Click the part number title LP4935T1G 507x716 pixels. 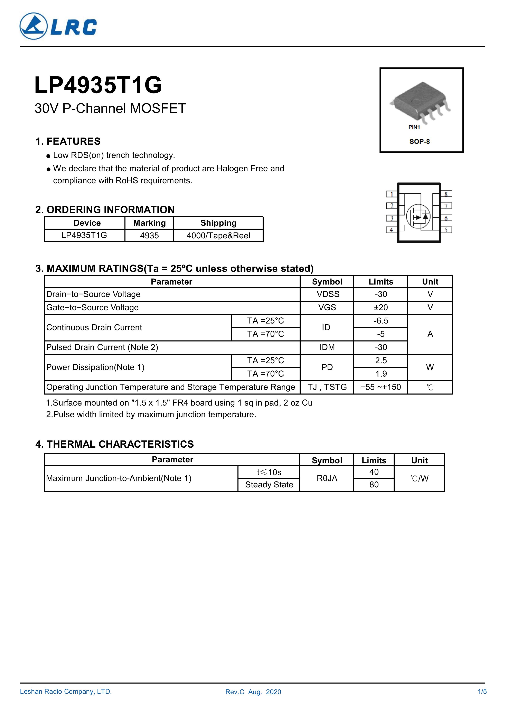tap(98, 85)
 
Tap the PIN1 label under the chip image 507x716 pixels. tap(414, 127)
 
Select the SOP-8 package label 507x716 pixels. tap(419, 142)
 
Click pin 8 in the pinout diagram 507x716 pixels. tap(446, 194)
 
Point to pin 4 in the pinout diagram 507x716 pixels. tap(391, 230)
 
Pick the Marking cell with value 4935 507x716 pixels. tap(149, 236)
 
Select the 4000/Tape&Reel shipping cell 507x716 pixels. tap(218, 236)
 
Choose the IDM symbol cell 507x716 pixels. tap(327, 347)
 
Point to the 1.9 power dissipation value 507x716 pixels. tap(381, 374)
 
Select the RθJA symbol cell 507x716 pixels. tap(327, 478)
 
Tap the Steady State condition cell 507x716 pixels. tap(269, 485)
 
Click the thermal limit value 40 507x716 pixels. tap(374, 472)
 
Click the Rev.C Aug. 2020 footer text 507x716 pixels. tap(253, 692)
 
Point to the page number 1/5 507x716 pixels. tap(482, 692)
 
